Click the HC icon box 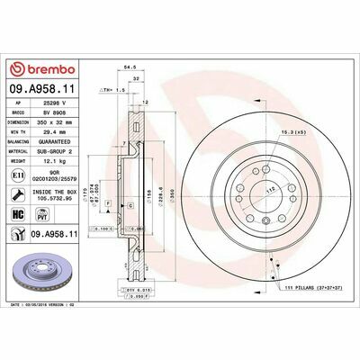click(x=19, y=215)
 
